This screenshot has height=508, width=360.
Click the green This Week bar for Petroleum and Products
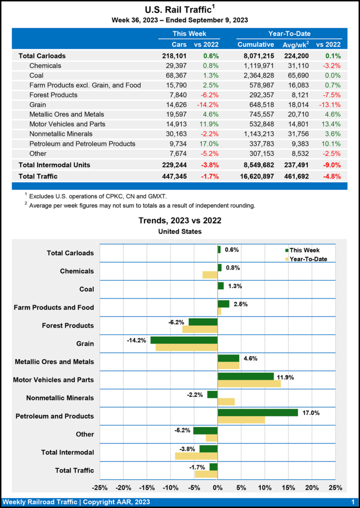257,412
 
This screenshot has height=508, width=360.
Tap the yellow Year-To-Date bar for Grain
186,347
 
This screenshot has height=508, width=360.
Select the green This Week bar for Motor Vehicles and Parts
245,376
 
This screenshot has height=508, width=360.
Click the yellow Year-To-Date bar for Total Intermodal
196,456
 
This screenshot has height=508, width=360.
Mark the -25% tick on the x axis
100,488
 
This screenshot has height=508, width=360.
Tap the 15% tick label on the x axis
288,488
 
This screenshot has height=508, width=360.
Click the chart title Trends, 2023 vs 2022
180,220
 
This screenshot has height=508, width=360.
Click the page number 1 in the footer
353,502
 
